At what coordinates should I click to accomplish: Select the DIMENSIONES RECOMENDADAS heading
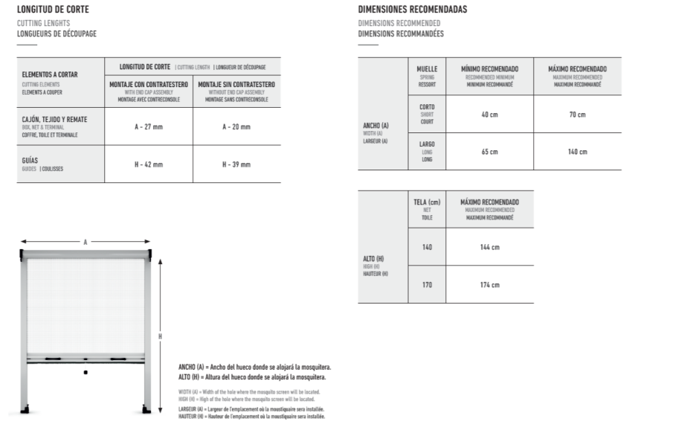pyautogui.click(x=413, y=10)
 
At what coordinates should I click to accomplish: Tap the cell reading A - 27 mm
pyautogui.click(x=149, y=127)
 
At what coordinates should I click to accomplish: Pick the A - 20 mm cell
pyautogui.click(x=236, y=127)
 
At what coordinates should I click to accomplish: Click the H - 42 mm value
pyautogui.click(x=149, y=164)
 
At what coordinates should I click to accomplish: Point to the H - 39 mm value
pyautogui.click(x=236, y=164)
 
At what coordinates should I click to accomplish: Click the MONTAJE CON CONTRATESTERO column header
pyautogui.click(x=149, y=85)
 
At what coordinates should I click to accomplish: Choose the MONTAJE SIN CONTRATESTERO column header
pyautogui.click(x=236, y=85)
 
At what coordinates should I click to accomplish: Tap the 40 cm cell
pyautogui.click(x=489, y=114)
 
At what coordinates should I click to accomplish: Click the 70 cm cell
pyautogui.click(x=577, y=114)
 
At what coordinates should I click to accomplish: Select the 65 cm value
pyautogui.click(x=489, y=152)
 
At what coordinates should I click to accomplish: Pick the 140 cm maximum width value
pyautogui.click(x=577, y=152)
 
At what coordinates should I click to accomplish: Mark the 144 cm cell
pyautogui.click(x=489, y=247)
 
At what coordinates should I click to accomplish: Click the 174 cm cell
pyautogui.click(x=489, y=284)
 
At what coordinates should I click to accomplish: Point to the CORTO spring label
pyautogui.click(x=427, y=106)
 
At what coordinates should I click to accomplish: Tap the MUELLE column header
pyautogui.click(x=427, y=69)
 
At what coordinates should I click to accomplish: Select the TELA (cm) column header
pyautogui.click(x=427, y=202)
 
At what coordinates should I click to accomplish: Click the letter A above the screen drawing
pyautogui.click(x=85, y=242)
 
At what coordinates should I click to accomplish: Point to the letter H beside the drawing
pyautogui.click(x=160, y=336)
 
